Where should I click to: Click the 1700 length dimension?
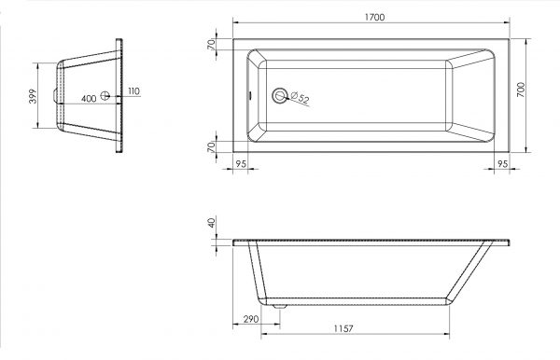click(x=374, y=17)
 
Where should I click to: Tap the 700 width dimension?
click(x=521, y=90)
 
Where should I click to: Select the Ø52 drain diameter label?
click(x=300, y=98)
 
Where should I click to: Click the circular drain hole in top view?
click(x=280, y=96)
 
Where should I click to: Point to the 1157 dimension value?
click(x=343, y=328)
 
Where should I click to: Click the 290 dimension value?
click(x=251, y=319)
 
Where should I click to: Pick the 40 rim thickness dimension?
click(x=212, y=223)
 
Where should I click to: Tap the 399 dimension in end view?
click(x=33, y=96)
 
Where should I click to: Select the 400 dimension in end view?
click(x=89, y=99)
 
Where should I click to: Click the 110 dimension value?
click(x=133, y=91)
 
